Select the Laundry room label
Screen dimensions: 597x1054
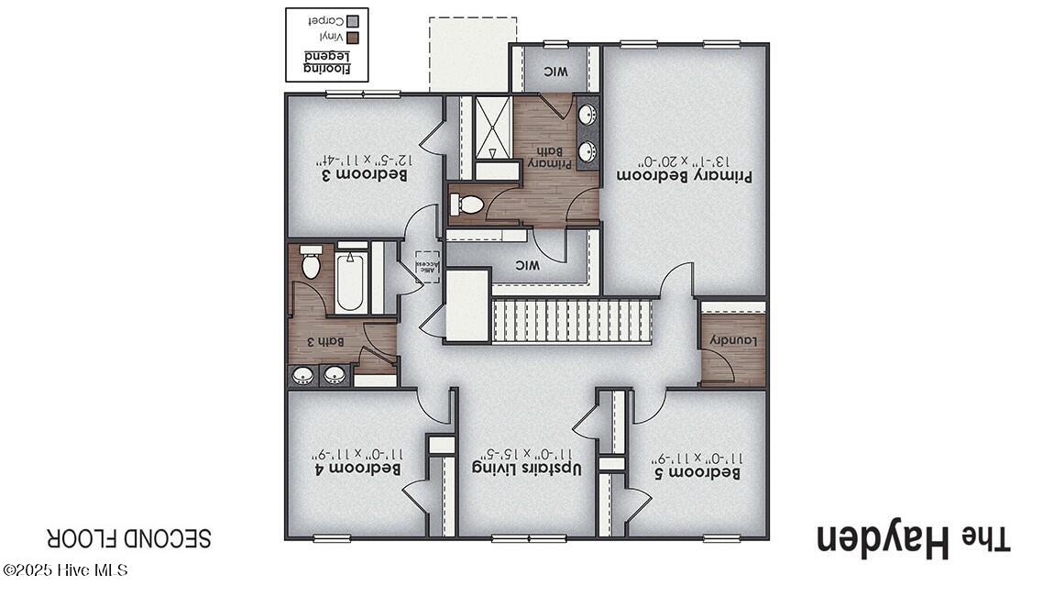coord(732,341)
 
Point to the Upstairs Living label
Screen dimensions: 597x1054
coord(528,468)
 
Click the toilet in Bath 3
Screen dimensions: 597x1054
coord(310,263)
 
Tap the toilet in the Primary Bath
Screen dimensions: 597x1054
coord(468,205)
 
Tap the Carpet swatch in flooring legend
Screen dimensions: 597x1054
coord(354,19)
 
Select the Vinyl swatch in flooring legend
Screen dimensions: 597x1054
coord(354,38)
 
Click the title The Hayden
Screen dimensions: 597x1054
coord(913,539)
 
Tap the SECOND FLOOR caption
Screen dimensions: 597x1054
coord(129,537)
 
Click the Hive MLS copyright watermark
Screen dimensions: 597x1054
coord(65,570)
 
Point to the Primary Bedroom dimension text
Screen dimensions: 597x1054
coord(685,156)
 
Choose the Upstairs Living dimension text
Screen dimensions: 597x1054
coord(528,452)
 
